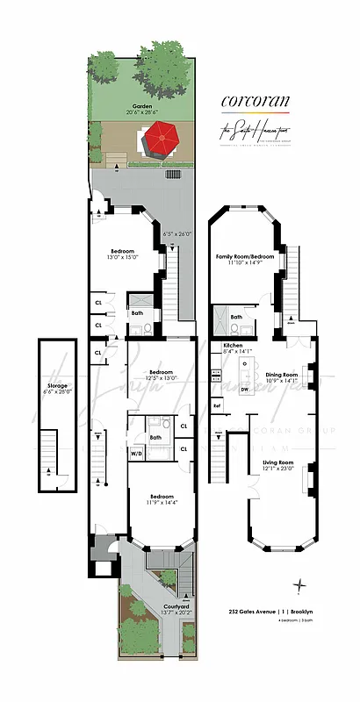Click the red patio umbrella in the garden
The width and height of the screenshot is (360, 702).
click(x=160, y=139)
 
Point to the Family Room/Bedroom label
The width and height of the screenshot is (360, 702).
click(x=247, y=257)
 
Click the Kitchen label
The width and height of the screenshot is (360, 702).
click(x=233, y=346)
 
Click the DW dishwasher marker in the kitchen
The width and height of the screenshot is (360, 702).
click(x=244, y=390)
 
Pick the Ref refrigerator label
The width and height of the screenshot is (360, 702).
click(x=216, y=405)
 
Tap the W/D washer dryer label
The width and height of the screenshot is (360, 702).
click(x=137, y=454)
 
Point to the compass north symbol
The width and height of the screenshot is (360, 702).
click(x=301, y=585)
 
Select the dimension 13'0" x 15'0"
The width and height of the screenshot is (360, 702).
click(x=123, y=257)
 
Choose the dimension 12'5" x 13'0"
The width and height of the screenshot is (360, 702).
click(x=161, y=378)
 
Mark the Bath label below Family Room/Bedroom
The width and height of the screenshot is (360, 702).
click(x=236, y=317)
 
